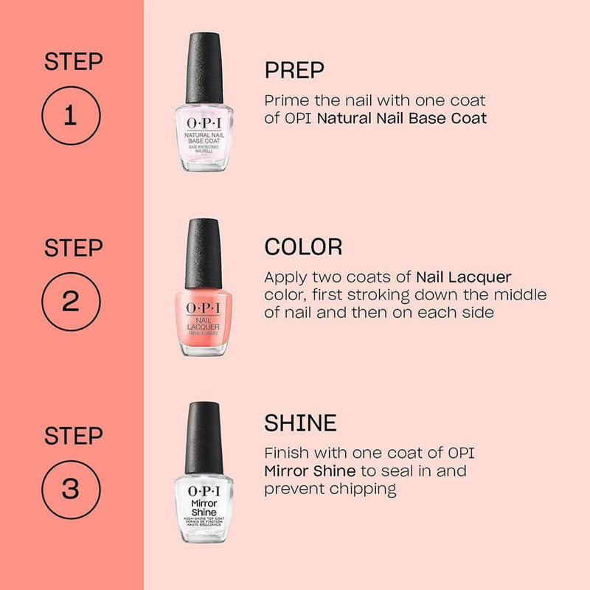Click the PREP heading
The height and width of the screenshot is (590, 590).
[294, 70]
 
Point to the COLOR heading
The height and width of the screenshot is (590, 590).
[303, 246]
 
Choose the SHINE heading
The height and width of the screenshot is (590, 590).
[300, 423]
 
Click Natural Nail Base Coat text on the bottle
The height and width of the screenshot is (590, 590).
[204, 136]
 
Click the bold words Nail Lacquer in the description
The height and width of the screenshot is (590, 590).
[463, 277]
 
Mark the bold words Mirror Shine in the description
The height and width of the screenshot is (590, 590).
[310, 471]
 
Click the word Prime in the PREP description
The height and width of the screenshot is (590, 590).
[285, 100]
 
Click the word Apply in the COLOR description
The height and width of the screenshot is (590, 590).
[285, 277]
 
